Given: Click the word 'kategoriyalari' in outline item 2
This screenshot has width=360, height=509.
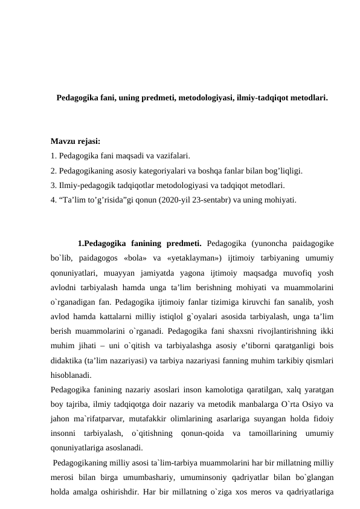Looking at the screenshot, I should pos(162,170).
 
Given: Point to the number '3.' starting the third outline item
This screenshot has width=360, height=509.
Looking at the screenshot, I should pos(55,185).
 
